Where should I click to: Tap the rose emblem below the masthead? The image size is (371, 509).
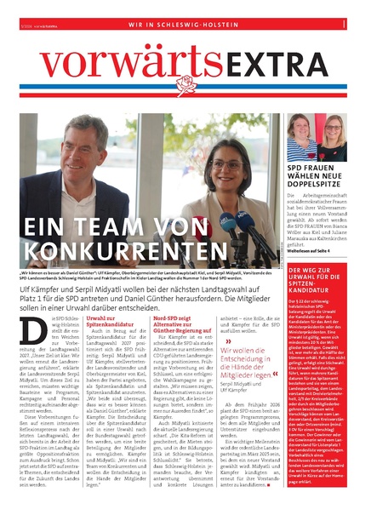tap(185, 85)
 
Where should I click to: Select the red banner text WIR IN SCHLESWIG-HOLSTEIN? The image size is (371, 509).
tap(185, 25)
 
